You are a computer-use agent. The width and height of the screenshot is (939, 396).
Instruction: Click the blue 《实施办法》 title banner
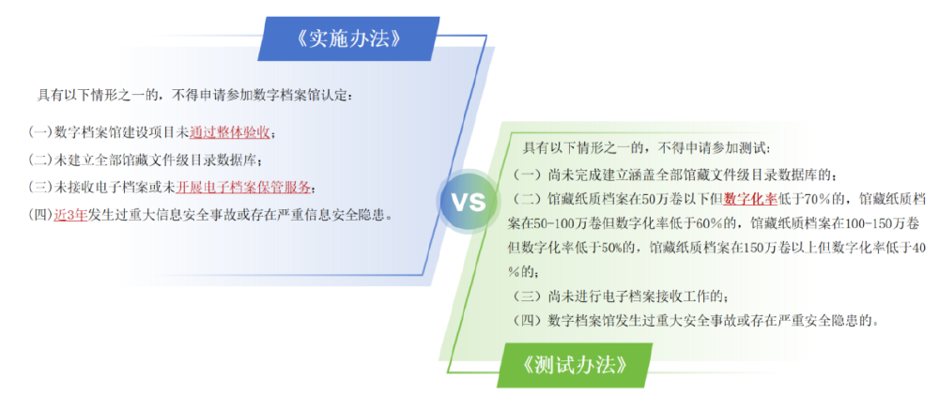(346, 39)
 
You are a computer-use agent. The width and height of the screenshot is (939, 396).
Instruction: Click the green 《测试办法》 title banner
(576, 364)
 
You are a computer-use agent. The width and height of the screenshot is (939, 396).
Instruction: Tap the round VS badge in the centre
(469, 202)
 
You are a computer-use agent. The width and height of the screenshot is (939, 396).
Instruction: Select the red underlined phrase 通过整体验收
(230, 132)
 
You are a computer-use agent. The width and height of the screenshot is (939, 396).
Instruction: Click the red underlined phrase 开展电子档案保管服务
(244, 188)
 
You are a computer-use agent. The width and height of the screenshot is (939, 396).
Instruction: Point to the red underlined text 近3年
(70, 215)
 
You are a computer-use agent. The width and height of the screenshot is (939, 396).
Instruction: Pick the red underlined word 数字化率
(749, 198)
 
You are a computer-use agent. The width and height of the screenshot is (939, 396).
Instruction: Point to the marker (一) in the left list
(39, 132)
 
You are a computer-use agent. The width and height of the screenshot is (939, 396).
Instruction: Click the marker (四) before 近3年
(39, 215)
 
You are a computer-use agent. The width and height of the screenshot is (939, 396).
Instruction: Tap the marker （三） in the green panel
(527, 297)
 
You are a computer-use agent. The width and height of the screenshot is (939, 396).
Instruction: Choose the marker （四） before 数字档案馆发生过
(527, 321)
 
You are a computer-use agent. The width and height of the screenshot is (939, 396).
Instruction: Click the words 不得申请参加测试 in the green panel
(708, 147)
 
